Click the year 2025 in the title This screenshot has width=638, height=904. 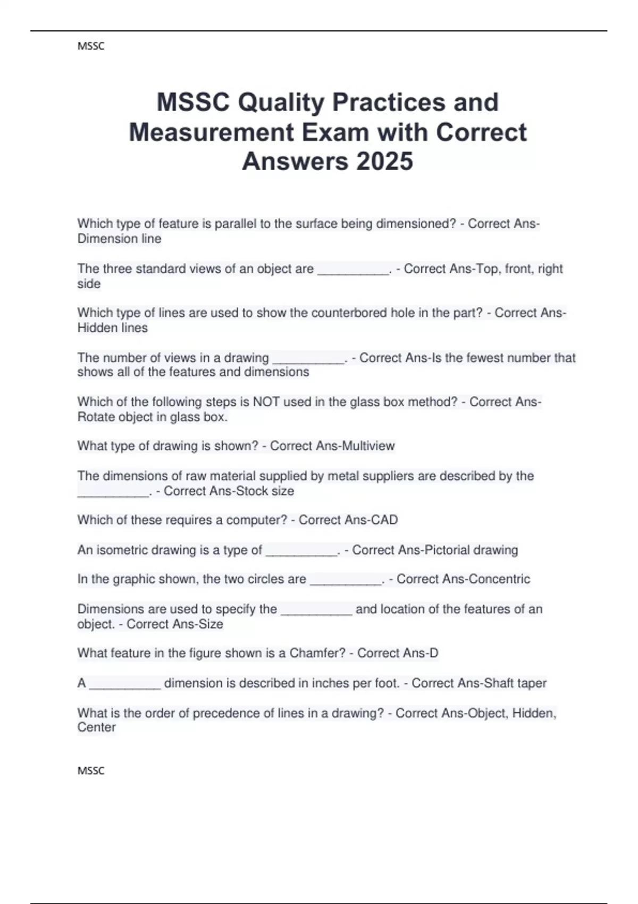pos(384,161)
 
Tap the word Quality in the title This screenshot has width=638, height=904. pos(280,102)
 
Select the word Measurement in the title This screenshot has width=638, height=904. pos(212,132)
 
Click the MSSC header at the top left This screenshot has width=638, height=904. pos(91,46)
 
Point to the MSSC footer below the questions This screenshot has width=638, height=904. pos(91,771)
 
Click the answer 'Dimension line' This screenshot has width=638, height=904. pos(119,239)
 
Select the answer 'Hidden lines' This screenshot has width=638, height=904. pos(112,328)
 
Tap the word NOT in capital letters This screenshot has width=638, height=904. pos(266,401)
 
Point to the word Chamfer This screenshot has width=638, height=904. pos(317,653)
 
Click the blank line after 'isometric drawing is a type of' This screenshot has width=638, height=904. pos(301,553)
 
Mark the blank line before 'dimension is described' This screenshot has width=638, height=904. pos(125,686)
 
